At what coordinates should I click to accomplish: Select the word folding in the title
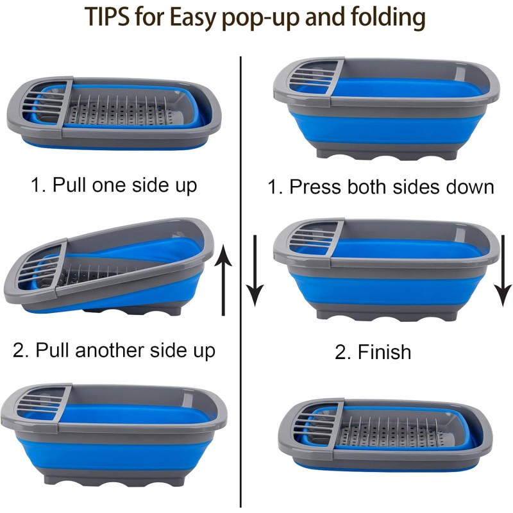point(383,19)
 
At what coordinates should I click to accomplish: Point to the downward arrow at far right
point(503,270)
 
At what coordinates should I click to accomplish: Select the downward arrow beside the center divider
point(256,270)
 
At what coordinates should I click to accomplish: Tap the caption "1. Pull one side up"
point(114,185)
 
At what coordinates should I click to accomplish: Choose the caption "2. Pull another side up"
point(114,351)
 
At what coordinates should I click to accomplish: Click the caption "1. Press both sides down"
point(381,187)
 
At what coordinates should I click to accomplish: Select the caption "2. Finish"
point(373,352)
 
